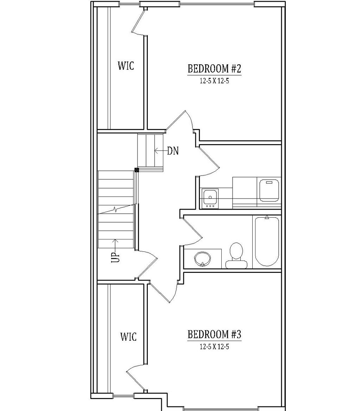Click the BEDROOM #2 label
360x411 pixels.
pos(214,69)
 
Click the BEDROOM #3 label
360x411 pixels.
pos(214,334)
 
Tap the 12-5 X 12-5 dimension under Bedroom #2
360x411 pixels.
pos(214,81)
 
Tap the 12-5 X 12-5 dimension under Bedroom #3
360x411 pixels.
pos(214,347)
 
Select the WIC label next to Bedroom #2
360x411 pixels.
pos(126,65)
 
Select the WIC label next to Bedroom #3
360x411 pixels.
pos(128,336)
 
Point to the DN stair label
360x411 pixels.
pos(173,151)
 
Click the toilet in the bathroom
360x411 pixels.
pos(236,256)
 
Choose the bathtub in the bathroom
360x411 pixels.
pos(267,242)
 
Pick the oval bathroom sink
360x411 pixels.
pos(203,259)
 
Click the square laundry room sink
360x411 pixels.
pos(210,198)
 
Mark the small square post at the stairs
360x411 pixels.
pos(137,170)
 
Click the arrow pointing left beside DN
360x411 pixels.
pos(161,151)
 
